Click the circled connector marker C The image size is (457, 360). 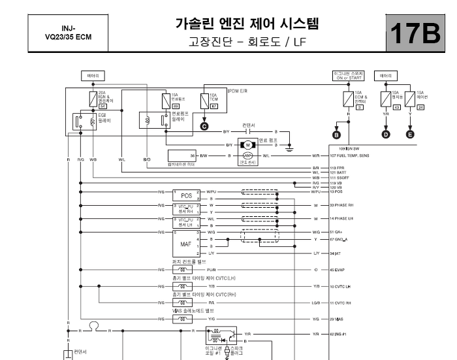204,125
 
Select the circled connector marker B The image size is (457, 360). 337,135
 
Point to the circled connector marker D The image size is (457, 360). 385,135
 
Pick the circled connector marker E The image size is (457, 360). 410,135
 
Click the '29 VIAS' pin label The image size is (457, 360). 338,319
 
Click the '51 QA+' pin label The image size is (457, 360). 338,231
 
